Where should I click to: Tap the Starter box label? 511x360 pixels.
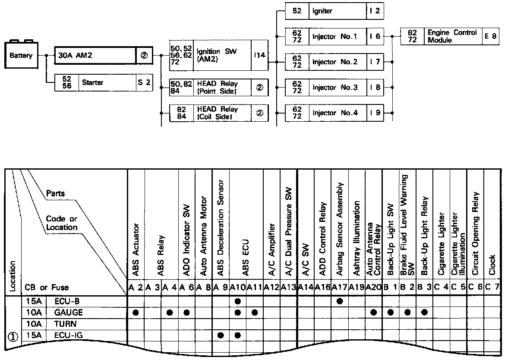(93, 82)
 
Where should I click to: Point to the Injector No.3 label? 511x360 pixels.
(335, 88)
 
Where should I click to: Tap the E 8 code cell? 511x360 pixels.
(490, 36)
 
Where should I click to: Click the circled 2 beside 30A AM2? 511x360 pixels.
(144, 56)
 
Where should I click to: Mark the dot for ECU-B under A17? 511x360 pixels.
(339, 300)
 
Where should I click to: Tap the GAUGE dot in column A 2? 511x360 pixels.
(136, 312)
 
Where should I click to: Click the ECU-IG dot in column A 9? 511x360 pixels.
(221, 335)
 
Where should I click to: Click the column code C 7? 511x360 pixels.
(492, 287)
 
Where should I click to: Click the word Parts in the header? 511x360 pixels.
(55, 193)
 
